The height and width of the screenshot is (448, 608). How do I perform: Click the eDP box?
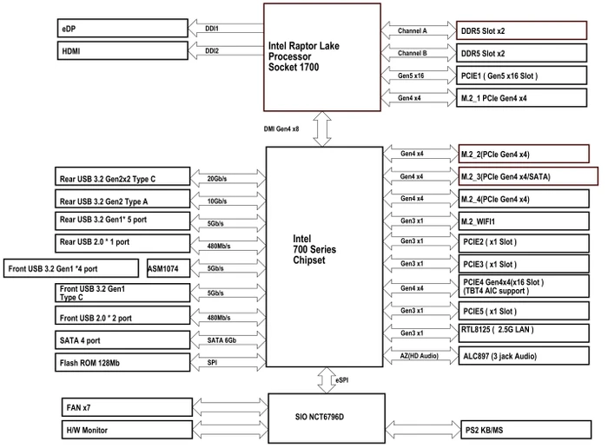[122, 29]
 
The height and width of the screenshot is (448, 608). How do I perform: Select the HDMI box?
[122, 50]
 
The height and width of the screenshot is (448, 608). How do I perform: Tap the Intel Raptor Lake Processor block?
[322, 57]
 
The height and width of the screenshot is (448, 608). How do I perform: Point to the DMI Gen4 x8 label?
[281, 128]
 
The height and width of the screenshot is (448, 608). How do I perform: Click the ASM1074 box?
[169, 268]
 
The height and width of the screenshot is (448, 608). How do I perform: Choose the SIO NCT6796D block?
[327, 418]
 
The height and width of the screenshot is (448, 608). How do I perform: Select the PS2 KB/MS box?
[525, 430]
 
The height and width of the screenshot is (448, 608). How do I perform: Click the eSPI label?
[341, 380]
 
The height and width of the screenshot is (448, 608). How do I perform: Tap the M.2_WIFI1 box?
[524, 221]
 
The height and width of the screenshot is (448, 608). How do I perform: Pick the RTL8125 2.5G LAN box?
[524, 333]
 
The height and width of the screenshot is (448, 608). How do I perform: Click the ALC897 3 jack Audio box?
[524, 356]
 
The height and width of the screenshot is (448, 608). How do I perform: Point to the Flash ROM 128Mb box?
[122, 362]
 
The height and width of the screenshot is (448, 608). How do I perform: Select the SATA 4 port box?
[122, 339]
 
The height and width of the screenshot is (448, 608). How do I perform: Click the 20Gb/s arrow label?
[217, 179]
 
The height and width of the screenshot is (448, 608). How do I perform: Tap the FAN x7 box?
[127, 407]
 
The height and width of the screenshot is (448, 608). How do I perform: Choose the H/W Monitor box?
[127, 430]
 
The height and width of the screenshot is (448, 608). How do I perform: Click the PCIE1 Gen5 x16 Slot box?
[521, 76]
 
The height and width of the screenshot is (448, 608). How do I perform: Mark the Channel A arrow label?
[413, 30]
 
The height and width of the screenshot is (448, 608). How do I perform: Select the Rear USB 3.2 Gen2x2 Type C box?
[122, 176]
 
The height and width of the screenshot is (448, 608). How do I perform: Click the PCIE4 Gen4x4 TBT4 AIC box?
[524, 286]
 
